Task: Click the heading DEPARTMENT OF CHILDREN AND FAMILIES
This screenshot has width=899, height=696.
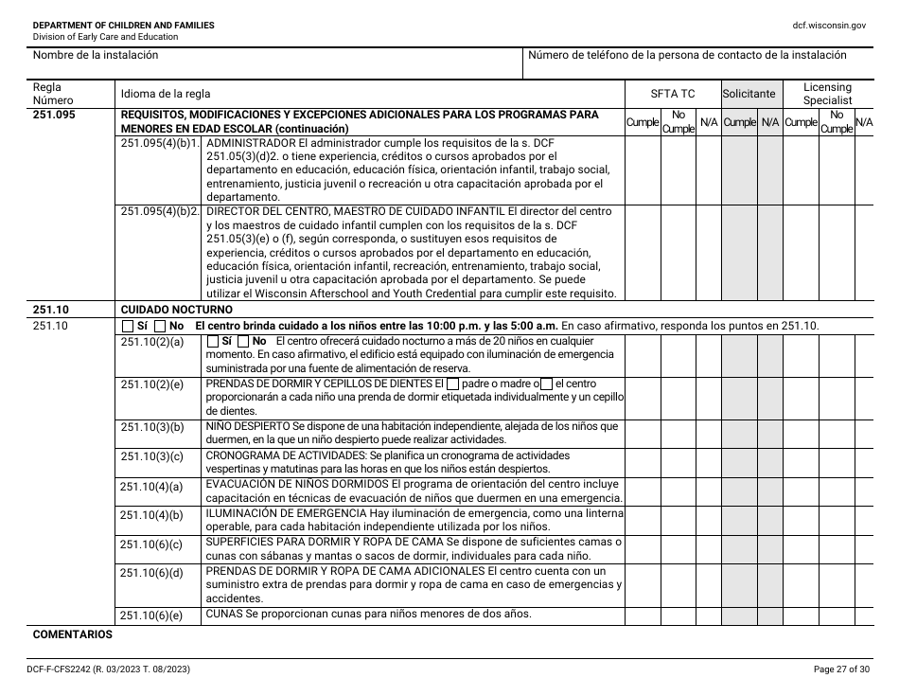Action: (123, 25)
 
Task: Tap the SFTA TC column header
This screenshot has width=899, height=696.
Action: (672, 94)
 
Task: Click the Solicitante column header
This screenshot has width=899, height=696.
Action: (749, 94)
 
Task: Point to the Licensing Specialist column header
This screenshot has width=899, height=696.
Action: (827, 94)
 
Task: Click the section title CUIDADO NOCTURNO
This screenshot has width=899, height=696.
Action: (175, 310)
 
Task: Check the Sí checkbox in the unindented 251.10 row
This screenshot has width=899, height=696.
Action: (128, 326)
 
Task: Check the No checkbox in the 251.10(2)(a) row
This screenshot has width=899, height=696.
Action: (243, 341)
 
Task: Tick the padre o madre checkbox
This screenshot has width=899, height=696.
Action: (452, 384)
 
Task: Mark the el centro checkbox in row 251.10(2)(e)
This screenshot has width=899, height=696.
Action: (546, 384)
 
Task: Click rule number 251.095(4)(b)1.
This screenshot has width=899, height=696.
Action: (161, 144)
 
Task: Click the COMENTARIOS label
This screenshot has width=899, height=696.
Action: (72, 634)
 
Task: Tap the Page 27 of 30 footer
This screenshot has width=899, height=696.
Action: (840, 669)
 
